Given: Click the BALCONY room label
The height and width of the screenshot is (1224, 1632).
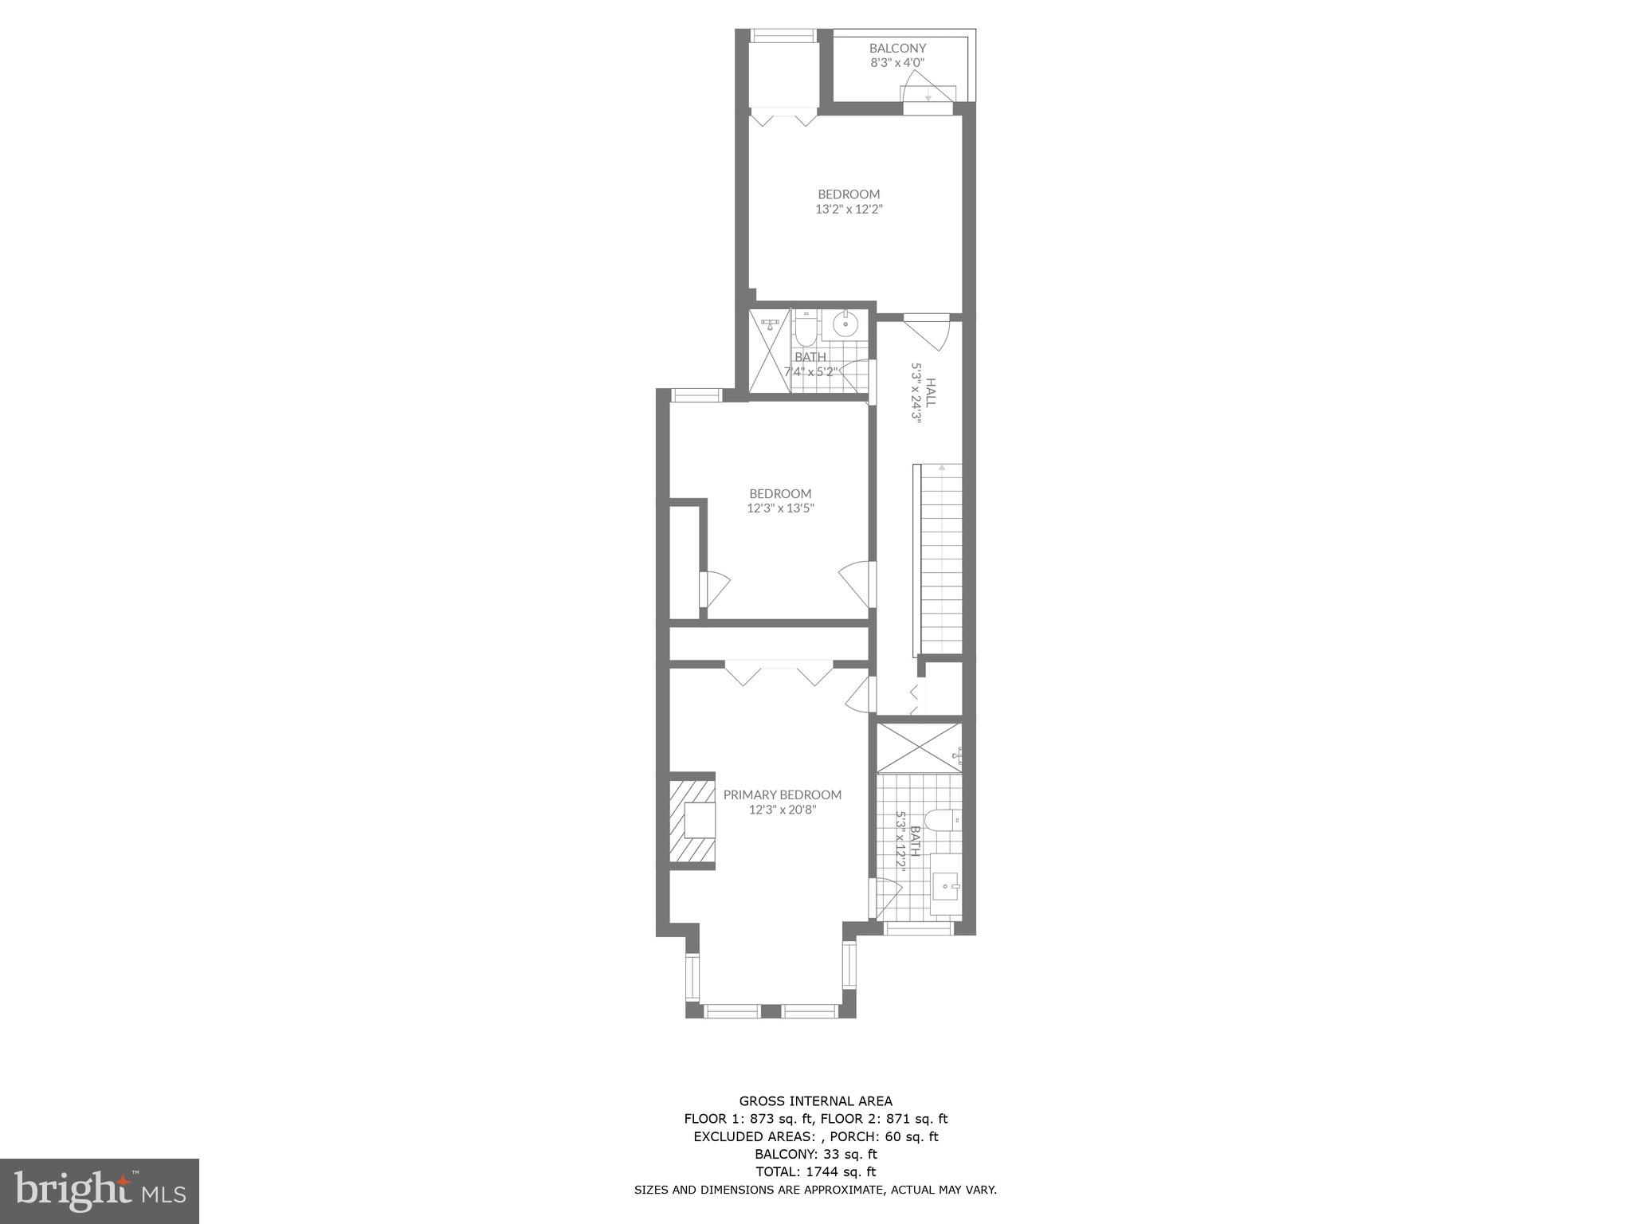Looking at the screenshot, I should pyautogui.click(x=897, y=48).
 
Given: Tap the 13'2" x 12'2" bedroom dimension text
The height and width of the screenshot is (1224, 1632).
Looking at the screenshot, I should pyautogui.click(x=849, y=210).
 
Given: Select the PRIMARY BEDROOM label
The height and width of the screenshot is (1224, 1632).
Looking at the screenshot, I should pyautogui.click(x=782, y=794).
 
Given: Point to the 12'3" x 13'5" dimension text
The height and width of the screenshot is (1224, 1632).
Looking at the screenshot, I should pyautogui.click(x=780, y=508).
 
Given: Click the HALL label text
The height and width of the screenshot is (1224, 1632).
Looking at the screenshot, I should pyautogui.click(x=930, y=393).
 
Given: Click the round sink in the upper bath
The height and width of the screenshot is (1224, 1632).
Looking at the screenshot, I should pyautogui.click(x=845, y=325).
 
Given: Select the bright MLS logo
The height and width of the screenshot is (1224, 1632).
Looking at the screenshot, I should pyautogui.click(x=100, y=1191).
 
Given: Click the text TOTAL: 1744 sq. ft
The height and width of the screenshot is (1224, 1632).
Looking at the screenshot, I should pyautogui.click(x=815, y=1171).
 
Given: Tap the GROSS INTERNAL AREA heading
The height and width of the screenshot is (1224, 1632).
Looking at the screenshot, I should pyautogui.click(x=815, y=1102).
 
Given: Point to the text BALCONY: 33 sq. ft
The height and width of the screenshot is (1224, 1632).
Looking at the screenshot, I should pyautogui.click(x=815, y=1154).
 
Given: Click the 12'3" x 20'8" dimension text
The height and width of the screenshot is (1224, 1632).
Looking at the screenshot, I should pyautogui.click(x=783, y=810).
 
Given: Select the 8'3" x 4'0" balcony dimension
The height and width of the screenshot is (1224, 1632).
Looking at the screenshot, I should pyautogui.click(x=897, y=62).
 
